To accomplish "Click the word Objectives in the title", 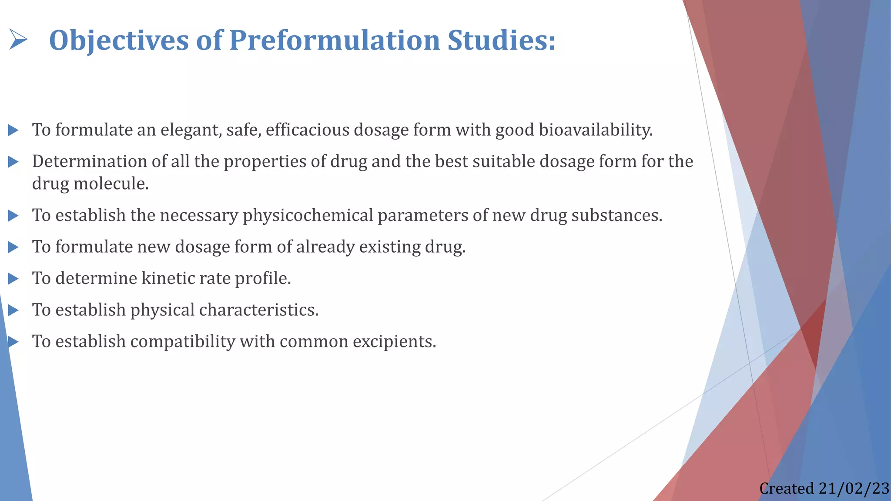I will coord(119,40).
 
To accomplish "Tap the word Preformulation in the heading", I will coord(335,40).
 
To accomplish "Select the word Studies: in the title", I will coord(501,40).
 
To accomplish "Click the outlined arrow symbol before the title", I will coord(18,40).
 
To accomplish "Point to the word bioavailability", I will coord(596,130).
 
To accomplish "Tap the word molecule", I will coord(111,184).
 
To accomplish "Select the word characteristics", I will coord(259,310).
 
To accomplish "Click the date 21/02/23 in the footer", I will coord(854,489).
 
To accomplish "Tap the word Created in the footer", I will coord(787,489).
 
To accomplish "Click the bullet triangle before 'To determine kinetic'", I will coord(13,279).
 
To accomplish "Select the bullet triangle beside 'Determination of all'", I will coord(13,162).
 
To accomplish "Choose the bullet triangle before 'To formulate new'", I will coord(13,247).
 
